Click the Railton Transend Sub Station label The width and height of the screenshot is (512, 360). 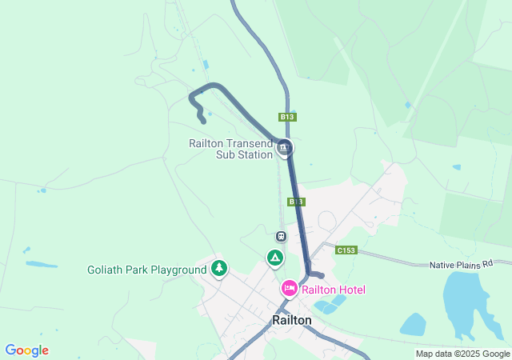(230, 149)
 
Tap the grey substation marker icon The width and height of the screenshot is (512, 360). (285, 148)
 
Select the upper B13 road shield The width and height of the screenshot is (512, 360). (288, 117)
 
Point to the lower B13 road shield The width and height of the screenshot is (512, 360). (296, 202)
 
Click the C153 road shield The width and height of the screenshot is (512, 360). (346, 250)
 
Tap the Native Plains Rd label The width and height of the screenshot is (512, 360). (470, 264)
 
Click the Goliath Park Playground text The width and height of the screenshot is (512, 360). (146, 270)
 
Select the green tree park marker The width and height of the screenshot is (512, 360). (219, 268)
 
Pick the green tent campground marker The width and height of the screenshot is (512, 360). (274, 258)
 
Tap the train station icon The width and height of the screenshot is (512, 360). (281, 237)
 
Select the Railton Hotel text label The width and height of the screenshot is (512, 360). (333, 290)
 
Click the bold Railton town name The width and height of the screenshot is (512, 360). (292, 320)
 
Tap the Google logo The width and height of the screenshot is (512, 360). (26, 350)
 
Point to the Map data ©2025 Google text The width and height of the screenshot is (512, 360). (462, 354)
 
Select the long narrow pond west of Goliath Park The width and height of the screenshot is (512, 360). (42, 264)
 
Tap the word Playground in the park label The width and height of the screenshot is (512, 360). (179, 270)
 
